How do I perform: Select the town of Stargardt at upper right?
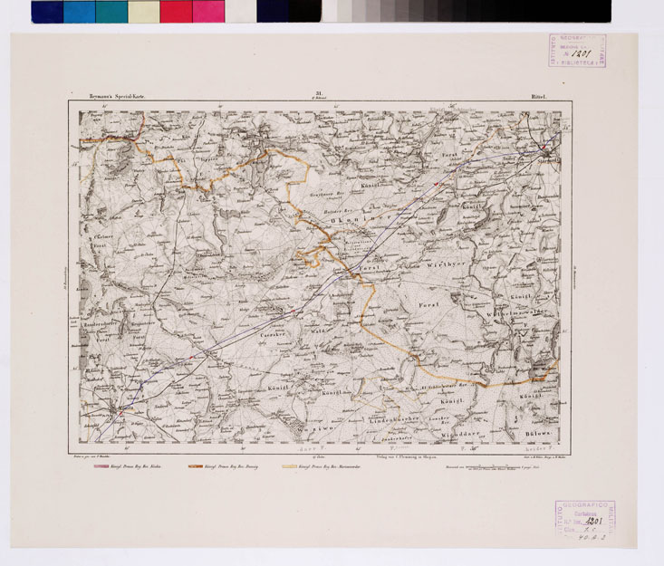tap(545, 150)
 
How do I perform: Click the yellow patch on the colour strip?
tap(143, 11)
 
